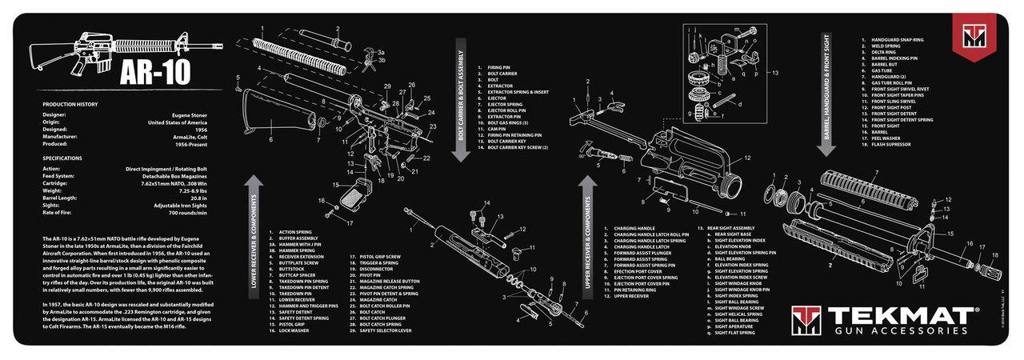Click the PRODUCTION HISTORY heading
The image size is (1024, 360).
pos(70,105)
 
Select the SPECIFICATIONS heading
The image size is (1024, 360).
pos(63,158)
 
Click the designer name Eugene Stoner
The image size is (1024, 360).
pos(188,114)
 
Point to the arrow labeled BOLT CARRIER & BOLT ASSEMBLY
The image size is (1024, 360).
pos(462,98)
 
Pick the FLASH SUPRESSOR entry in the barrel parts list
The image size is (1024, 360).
pos(892,146)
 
